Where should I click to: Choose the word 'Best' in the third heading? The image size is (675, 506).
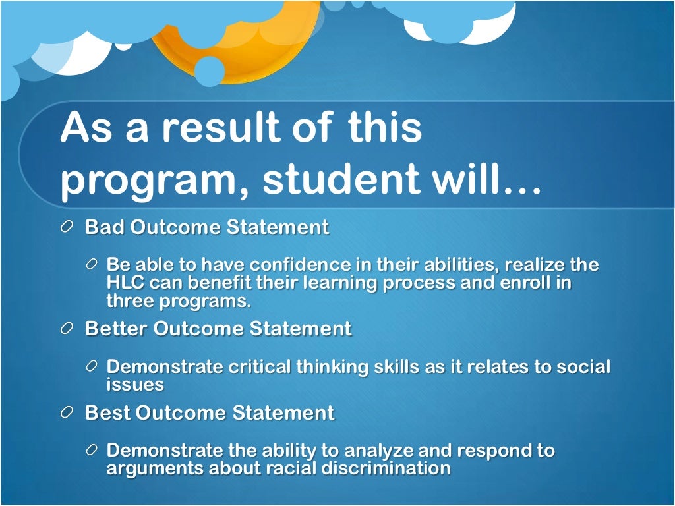(107, 413)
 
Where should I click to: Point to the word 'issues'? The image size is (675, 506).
(134, 384)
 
